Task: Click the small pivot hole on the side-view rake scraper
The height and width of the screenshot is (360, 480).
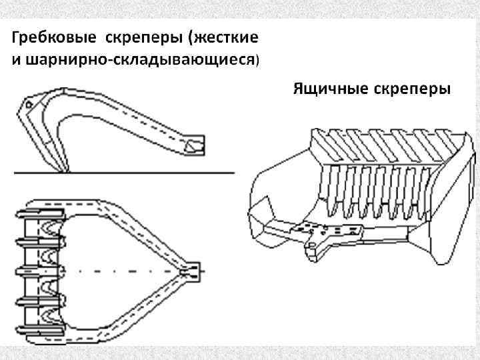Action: pos(29,105)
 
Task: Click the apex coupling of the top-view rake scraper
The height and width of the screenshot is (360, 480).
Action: pos(191,271)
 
